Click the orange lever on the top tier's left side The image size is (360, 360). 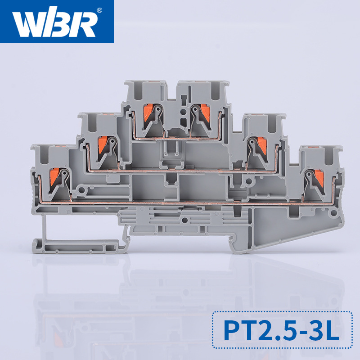pyautogui.click(x=147, y=112)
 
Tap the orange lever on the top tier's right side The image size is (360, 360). pyautogui.click(x=205, y=112)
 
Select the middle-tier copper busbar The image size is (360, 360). pyautogui.click(x=180, y=171)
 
